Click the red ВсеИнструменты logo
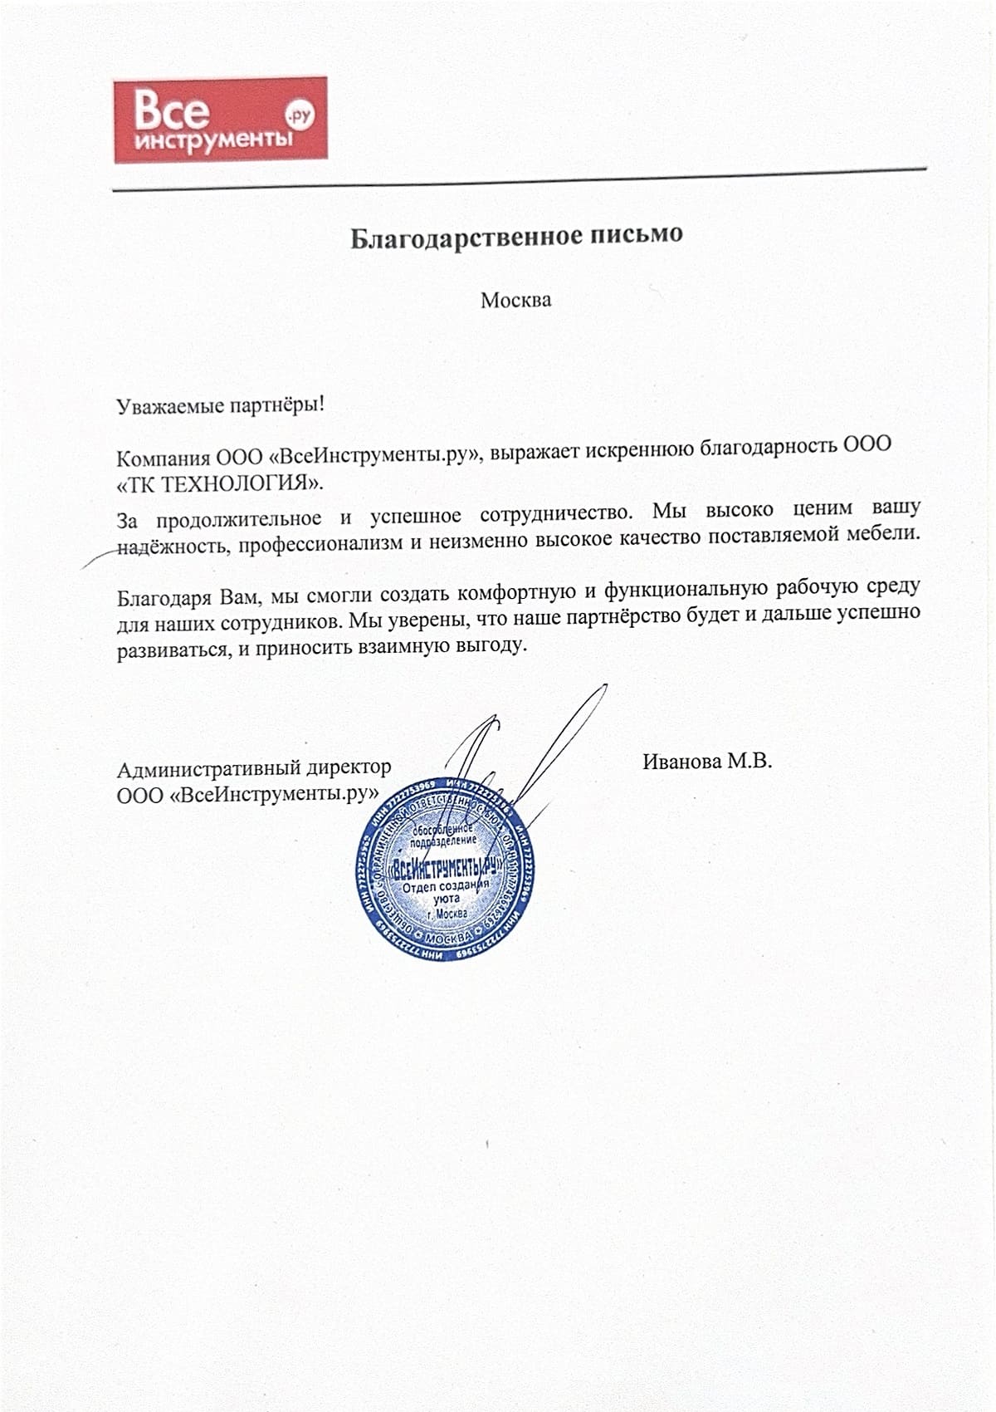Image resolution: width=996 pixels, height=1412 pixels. [219, 119]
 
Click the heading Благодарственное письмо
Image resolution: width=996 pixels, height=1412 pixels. [515, 236]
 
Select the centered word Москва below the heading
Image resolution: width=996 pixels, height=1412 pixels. [515, 299]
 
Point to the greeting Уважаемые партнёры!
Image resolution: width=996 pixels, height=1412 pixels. [220, 406]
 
